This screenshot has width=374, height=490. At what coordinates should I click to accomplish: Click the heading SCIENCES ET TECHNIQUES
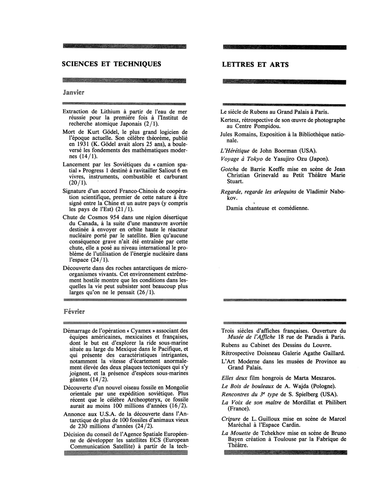pyautogui.click(x=111, y=64)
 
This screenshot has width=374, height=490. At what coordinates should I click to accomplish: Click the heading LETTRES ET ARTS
pyautogui.click(x=255, y=65)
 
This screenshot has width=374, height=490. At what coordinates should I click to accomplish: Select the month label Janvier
pyautogui.click(x=74, y=93)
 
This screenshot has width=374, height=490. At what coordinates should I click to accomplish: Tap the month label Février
pyautogui.click(x=74, y=312)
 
